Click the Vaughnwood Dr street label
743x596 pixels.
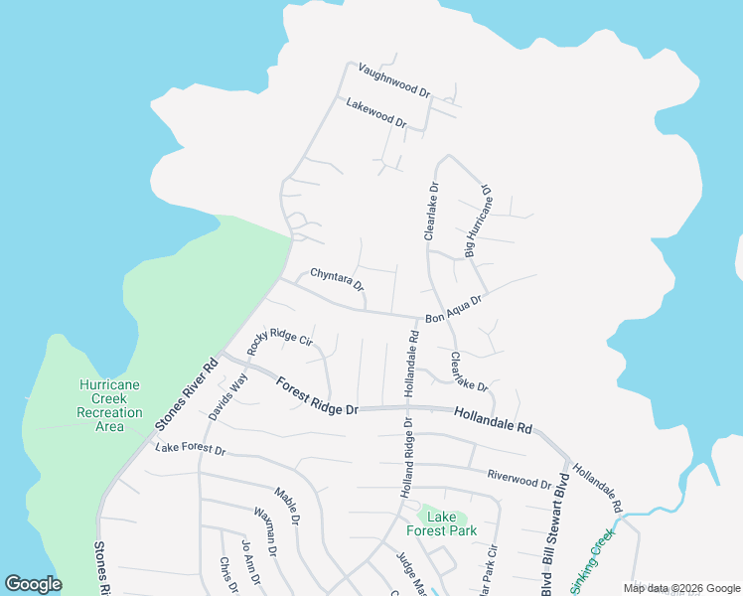pos(393,79)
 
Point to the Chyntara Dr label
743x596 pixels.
pos(338,281)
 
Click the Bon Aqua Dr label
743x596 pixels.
pos(453,308)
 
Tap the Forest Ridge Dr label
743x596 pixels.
pos(316,396)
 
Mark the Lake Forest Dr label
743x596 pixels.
pos(191,450)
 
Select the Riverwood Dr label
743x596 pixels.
pos(519,479)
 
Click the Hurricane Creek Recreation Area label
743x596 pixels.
pos(109,405)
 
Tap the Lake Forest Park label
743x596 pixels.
pos(449,523)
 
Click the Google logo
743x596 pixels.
pos(34,584)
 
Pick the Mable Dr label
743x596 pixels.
pos(287,506)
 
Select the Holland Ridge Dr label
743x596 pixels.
pos(406,458)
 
